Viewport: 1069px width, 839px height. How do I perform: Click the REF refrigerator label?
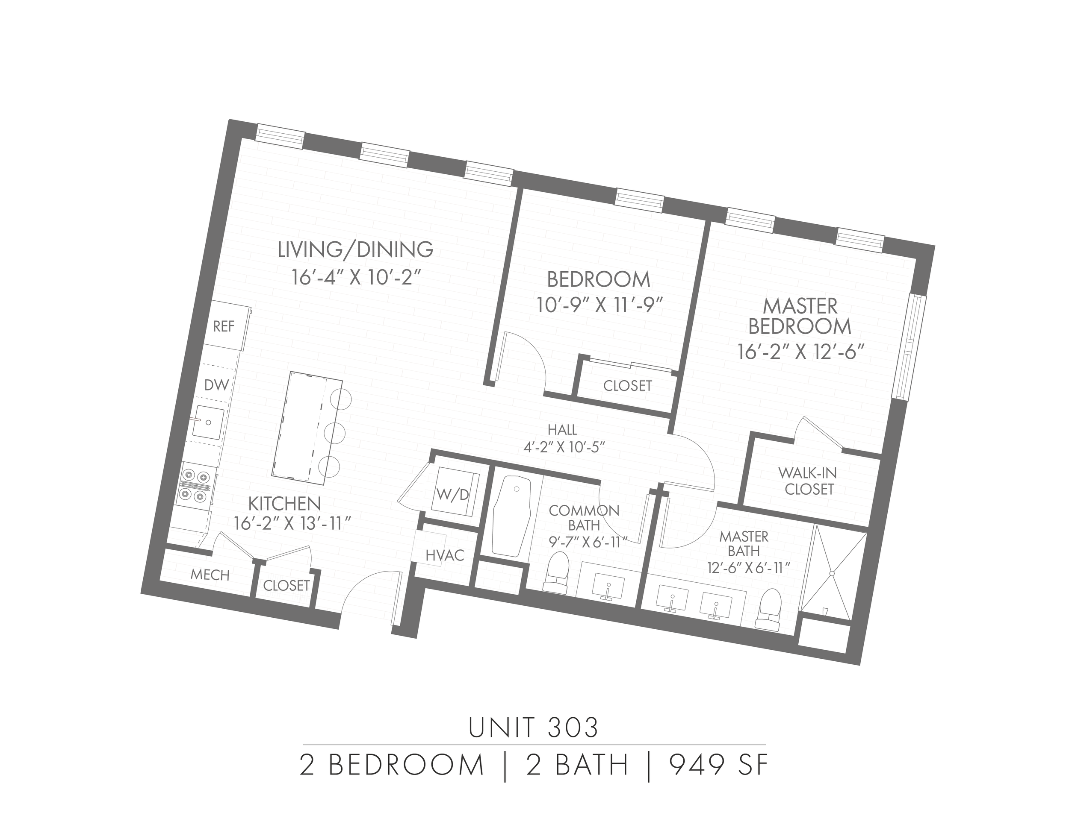(x=224, y=327)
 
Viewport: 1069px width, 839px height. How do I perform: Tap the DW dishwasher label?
(x=216, y=384)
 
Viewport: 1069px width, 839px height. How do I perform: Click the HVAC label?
(x=445, y=556)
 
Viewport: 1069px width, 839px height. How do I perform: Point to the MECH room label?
(x=210, y=575)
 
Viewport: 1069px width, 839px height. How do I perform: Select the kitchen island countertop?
(x=300, y=425)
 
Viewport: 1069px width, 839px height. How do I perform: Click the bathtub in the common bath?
(x=511, y=516)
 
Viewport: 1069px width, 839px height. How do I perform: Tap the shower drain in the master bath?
(x=832, y=573)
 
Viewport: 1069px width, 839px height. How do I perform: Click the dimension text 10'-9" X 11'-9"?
(x=597, y=305)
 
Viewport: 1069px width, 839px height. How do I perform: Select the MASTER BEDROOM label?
(x=800, y=317)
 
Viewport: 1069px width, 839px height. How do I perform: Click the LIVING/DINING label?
(x=355, y=249)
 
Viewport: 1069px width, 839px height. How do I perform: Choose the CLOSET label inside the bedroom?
(x=627, y=386)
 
